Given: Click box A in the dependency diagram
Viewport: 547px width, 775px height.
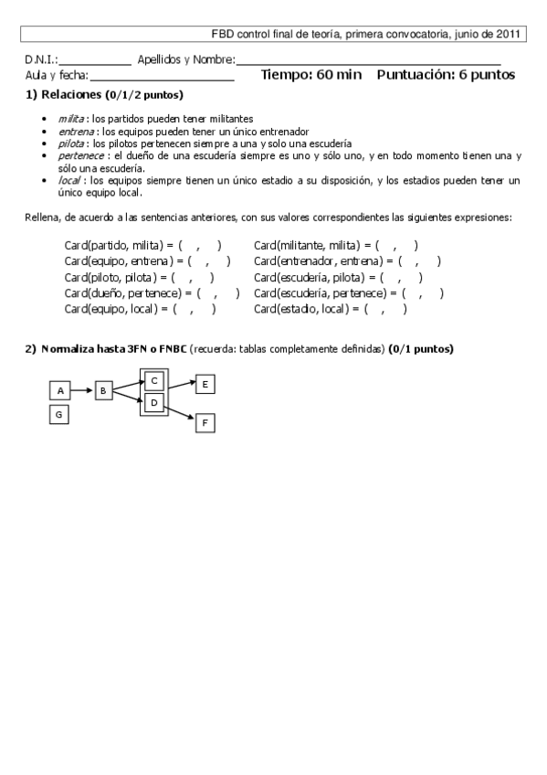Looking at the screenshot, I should pos(60,390).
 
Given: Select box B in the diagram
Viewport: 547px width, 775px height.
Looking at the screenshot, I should pos(103,390).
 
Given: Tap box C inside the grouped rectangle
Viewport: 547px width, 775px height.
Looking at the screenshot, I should pos(154,380).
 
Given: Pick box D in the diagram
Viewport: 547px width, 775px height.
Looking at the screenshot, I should pos(154,401).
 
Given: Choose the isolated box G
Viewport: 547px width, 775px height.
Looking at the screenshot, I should pos(60,415).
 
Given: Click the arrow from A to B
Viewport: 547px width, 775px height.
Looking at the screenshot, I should pos(82,390).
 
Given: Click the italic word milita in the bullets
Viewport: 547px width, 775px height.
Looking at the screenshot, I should pos(69,119).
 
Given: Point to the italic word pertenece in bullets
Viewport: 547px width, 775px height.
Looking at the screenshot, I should pos(80,155).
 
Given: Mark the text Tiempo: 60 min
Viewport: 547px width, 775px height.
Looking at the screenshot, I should pos(311,75).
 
